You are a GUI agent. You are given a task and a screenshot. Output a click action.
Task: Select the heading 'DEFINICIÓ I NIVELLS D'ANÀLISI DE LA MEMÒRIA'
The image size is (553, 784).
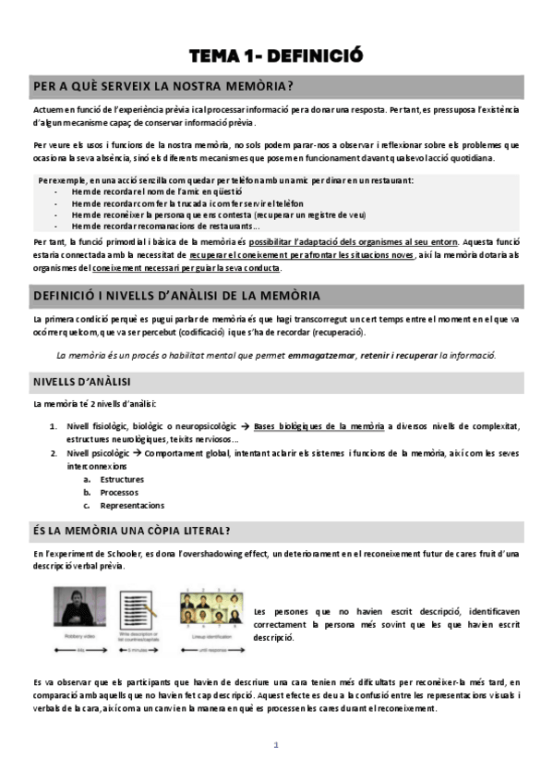tap(176, 296)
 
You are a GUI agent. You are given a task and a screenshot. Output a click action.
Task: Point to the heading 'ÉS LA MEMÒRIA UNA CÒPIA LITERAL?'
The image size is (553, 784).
tap(131, 530)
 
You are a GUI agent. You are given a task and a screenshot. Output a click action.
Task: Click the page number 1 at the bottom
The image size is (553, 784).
tap(275, 745)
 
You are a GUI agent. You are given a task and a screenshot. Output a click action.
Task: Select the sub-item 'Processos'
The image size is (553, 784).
tap(119, 493)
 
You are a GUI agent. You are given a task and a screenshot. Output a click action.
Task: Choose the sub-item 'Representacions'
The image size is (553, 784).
tap(131, 506)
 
